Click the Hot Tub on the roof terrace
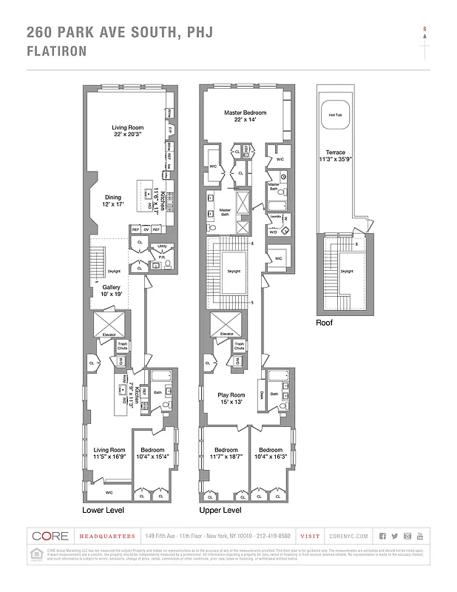[x=335, y=115]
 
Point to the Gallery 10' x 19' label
[x=111, y=290]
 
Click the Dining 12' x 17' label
[x=112, y=201]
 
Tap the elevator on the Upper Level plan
[x=226, y=323]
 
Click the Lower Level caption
[x=103, y=511]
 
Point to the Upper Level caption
[x=220, y=511]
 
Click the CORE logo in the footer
[x=51, y=536]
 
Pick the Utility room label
[x=161, y=246]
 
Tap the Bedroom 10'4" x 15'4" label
[x=152, y=453]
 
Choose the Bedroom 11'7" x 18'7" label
[x=226, y=453]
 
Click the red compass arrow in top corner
[x=424, y=28]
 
